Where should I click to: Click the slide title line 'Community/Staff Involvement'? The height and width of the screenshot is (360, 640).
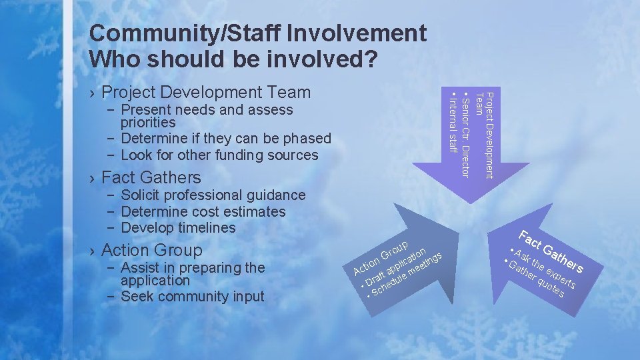(257, 33)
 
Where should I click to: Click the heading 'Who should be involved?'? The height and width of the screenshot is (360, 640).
(234, 59)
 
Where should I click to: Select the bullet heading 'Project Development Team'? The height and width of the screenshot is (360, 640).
(207, 92)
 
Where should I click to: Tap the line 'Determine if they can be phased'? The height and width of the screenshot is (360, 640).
(225, 139)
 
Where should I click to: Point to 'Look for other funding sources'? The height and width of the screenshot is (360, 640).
(219, 155)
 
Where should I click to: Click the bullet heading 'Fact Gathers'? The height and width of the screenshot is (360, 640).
(151, 177)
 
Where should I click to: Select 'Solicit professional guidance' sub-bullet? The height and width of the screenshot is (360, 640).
(213, 195)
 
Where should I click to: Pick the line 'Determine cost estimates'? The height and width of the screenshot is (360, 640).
(203, 212)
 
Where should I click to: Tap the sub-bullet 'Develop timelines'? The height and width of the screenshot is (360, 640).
(178, 228)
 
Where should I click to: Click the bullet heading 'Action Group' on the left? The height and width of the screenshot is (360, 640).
(152, 251)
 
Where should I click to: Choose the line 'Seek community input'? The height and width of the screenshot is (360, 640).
(192, 297)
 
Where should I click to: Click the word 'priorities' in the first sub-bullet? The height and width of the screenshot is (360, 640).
(148, 123)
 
